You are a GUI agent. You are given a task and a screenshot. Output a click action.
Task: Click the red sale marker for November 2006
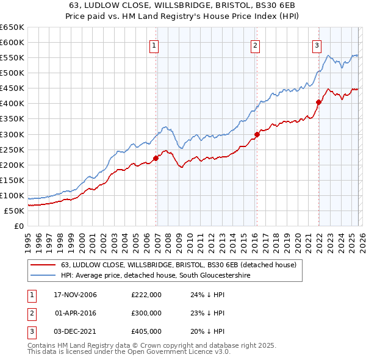click(x=156, y=158)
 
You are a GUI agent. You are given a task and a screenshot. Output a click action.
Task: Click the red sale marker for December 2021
click(x=318, y=102)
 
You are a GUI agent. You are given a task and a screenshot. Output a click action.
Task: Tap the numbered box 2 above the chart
click(x=255, y=45)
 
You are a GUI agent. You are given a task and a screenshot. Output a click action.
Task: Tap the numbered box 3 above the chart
click(x=317, y=45)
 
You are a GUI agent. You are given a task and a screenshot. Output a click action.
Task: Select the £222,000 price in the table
click(x=146, y=295)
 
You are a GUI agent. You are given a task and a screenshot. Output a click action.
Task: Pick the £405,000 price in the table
click(x=146, y=331)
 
